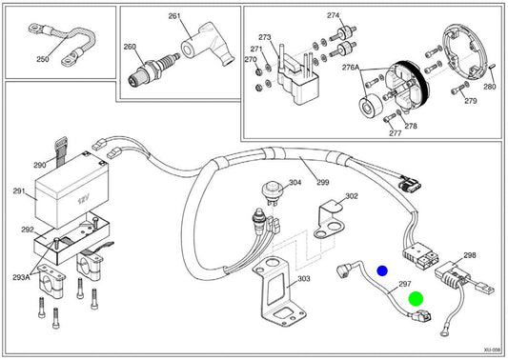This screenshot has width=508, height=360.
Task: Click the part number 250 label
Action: pyautogui.click(x=43, y=59)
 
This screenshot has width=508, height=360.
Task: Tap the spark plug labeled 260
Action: pyautogui.click(x=152, y=70)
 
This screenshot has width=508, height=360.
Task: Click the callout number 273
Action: pyautogui.click(x=265, y=37)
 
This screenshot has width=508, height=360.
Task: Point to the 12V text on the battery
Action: pyautogui.click(x=83, y=200)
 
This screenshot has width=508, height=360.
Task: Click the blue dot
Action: pyautogui.click(x=382, y=271)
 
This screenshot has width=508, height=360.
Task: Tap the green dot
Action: pyautogui.click(x=416, y=298)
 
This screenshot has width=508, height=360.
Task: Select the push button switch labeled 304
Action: pyautogui.click(x=271, y=192)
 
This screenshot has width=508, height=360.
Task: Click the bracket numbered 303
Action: pyautogui.click(x=278, y=291)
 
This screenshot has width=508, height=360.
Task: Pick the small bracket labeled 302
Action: pyautogui.click(x=329, y=220)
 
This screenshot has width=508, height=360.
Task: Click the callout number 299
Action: pyautogui.click(x=323, y=182)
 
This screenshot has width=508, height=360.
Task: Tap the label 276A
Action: pyautogui.click(x=351, y=68)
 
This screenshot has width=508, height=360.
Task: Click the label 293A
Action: pyautogui.click(x=21, y=277)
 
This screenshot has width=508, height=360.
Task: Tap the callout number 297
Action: pyautogui.click(x=405, y=284)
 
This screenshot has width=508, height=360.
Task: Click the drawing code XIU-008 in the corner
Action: pyautogui.click(x=492, y=350)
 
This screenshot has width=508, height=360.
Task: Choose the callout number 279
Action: pyautogui.click(x=471, y=101)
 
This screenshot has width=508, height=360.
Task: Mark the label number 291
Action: pyautogui.click(x=19, y=191)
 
